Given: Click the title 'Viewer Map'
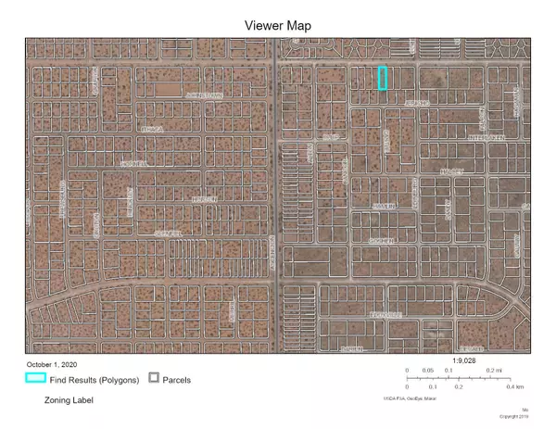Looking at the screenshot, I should [x=277, y=25].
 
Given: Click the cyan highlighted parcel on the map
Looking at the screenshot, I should [x=383, y=78].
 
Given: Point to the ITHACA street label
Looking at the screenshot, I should [x=153, y=130].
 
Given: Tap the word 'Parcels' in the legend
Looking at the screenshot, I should [x=177, y=380].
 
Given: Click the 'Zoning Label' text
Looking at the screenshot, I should [x=69, y=400].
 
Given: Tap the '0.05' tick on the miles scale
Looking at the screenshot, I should [x=428, y=371].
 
